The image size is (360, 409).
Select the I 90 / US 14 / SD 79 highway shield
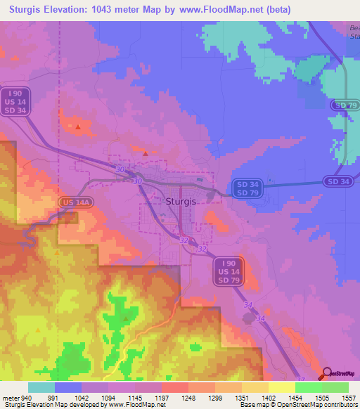pyautogui.click(x=227, y=271)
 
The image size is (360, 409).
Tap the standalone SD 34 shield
pyautogui.click(x=338, y=181)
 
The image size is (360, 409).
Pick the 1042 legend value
pyautogui.click(x=81, y=396)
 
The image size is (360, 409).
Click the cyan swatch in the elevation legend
pyautogui.click(x=41, y=387)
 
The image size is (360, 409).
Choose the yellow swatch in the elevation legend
pyautogui.click(x=281, y=387)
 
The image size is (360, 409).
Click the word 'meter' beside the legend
pyautogui.click(x=11, y=396)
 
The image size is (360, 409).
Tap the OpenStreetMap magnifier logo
pyautogui.click(x=327, y=374)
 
